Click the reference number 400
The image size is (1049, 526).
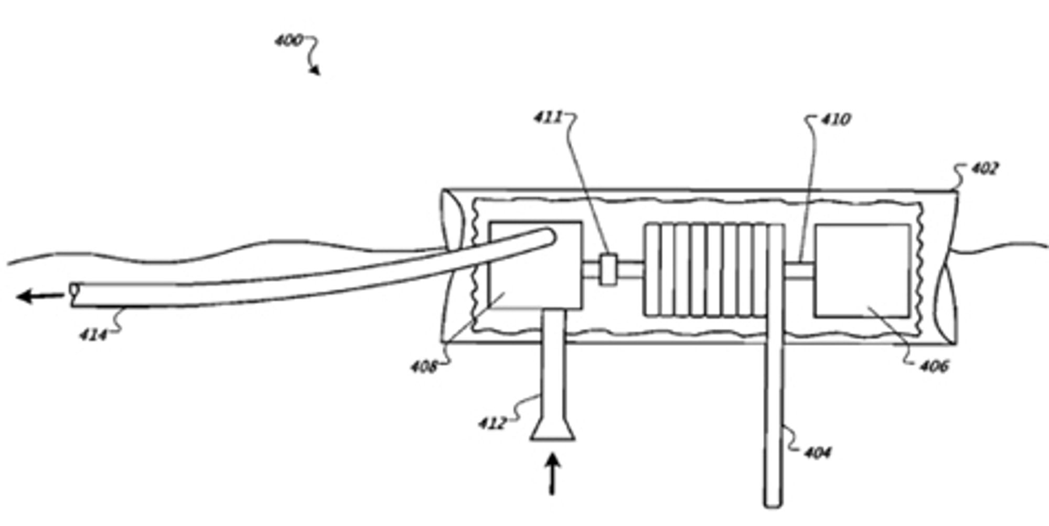coord(288,40)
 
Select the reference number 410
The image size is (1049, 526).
coord(835,120)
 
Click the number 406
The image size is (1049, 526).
coord(934,366)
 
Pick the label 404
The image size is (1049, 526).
coord(817,452)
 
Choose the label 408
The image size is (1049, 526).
coord(423,367)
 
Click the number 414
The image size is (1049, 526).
coord(93,334)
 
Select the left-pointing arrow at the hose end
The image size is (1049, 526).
coord(40,297)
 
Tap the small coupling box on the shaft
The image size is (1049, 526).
coord(608,270)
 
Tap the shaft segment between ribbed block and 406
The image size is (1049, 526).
coord(798,270)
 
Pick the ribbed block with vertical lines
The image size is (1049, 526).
coord(714,270)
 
